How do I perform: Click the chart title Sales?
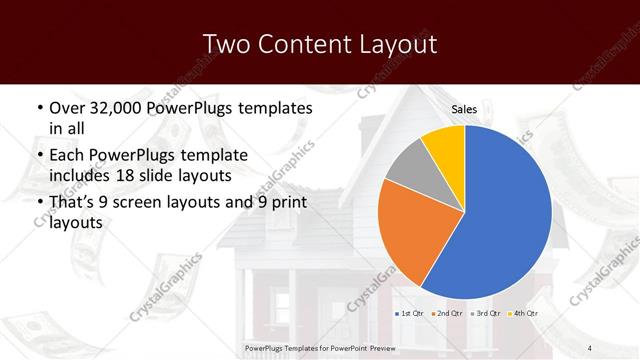[464, 109]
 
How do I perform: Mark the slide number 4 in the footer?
[589, 348]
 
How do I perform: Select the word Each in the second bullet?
[67, 156]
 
